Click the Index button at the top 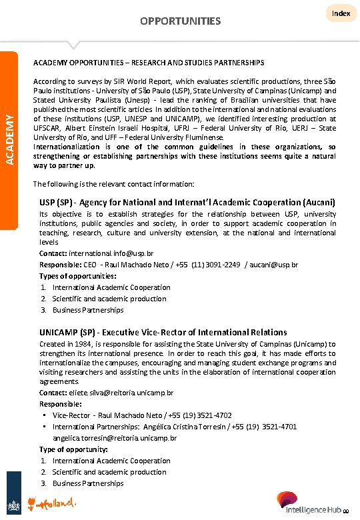click(341, 13)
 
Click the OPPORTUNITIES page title click(180, 21)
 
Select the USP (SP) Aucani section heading click(187, 201)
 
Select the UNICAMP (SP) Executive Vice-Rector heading click(163, 332)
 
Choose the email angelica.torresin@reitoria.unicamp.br click(115, 438)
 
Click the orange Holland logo click(56, 501)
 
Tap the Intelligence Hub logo click(313, 503)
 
